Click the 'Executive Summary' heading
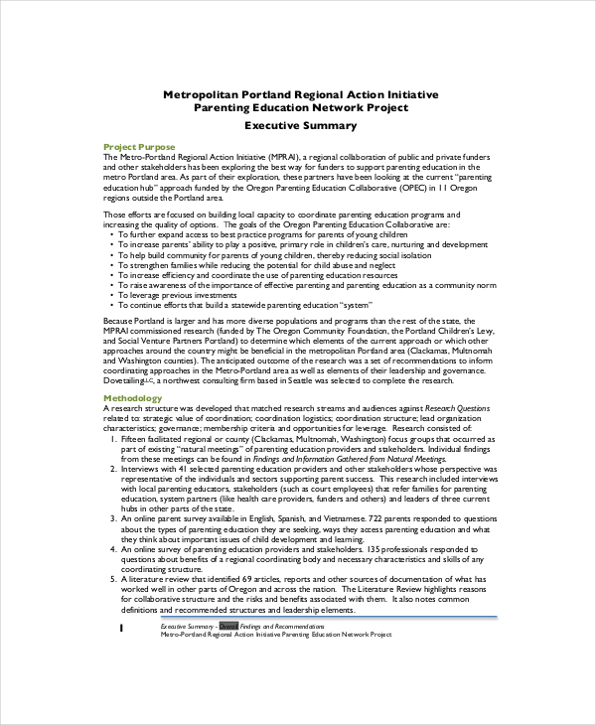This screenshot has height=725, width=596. pyautogui.click(x=300, y=126)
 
